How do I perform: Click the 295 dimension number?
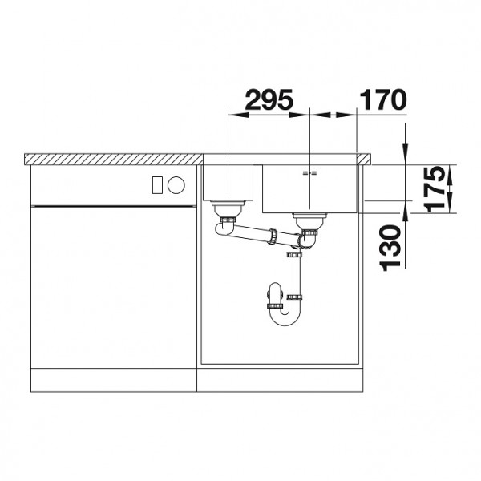[269, 99]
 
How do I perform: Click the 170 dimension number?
[382, 99]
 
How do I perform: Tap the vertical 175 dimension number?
[434, 189]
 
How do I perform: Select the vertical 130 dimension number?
[390, 248]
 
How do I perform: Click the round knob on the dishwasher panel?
[176, 185]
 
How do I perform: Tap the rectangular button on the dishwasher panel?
[158, 185]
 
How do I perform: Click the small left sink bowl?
[228, 182]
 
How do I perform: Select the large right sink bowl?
[309, 188]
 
